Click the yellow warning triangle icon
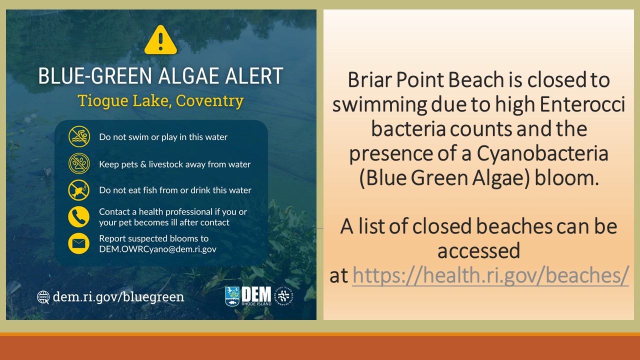[160, 40]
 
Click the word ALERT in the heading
[254, 76]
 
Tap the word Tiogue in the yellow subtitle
[103, 101]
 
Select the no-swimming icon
[79, 136]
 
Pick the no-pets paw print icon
[79, 163]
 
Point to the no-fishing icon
[79, 190]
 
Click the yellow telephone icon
[79, 217]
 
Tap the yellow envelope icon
[79, 243]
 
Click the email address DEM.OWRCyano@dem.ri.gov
[157, 249]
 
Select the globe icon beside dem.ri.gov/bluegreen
[43, 297]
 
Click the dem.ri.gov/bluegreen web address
[118, 297]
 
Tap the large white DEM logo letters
[256, 294]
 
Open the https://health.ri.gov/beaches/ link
[490, 275]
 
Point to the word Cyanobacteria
[542, 153]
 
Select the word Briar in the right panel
[370, 79]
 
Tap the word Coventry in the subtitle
[209, 101]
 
